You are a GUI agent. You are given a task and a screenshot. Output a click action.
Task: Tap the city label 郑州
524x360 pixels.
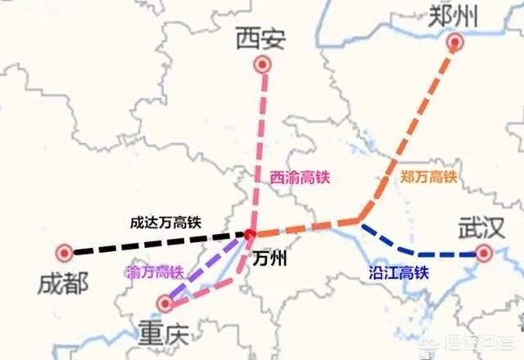point(452,14)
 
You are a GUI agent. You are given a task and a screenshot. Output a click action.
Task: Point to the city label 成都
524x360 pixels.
point(63,283)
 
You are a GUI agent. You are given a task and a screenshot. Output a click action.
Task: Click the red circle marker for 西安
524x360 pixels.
point(262,65)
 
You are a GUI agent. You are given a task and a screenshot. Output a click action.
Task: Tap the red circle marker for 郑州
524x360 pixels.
point(455,43)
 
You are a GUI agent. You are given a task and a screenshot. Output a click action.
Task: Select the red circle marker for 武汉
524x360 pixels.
point(485,254)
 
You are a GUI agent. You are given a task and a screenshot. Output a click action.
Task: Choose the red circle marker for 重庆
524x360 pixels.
point(165,304)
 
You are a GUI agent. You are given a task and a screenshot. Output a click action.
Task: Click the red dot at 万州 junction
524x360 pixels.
point(249,236)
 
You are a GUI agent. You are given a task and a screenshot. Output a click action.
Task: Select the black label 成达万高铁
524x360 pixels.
point(166,222)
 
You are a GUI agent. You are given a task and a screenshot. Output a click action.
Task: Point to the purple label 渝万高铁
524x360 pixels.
point(156,271)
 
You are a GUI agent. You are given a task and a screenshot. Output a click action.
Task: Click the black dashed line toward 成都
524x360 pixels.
point(156,243)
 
